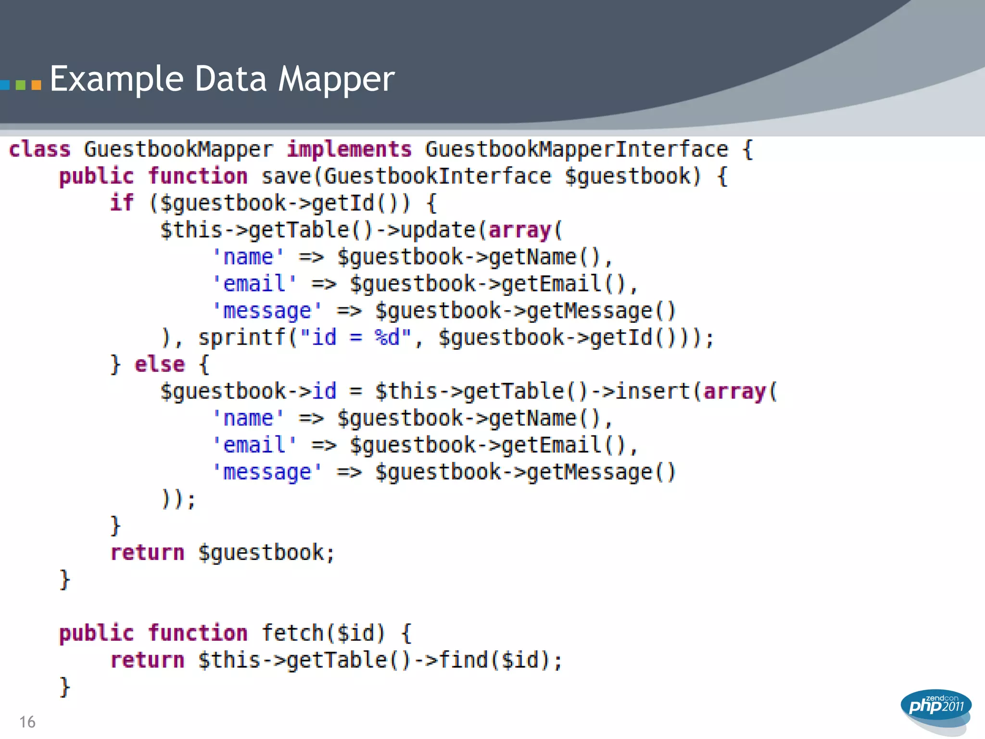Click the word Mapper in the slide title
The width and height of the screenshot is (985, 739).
pos(337,79)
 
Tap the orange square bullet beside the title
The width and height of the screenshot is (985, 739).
pos(36,85)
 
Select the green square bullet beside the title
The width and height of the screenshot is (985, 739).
pos(20,85)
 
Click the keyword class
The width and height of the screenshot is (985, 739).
pos(40,149)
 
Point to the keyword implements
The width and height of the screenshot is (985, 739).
pos(349,149)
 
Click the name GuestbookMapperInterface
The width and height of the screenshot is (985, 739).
pos(577,149)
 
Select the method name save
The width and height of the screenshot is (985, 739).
pos(287,176)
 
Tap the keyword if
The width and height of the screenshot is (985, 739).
pos(122,203)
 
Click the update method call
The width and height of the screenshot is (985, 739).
pos(438,230)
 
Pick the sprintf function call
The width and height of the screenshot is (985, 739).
pos(242,337)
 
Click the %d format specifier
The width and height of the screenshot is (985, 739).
pos(387,337)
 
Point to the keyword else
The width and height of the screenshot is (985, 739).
pos(160,364)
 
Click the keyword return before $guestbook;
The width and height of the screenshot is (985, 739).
pos(147,552)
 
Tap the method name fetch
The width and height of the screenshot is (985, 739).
pos(293,633)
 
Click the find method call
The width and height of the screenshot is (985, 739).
pos(464,660)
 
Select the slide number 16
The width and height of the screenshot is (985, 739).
pos(27,722)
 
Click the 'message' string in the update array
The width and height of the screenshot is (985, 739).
pos(267,311)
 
